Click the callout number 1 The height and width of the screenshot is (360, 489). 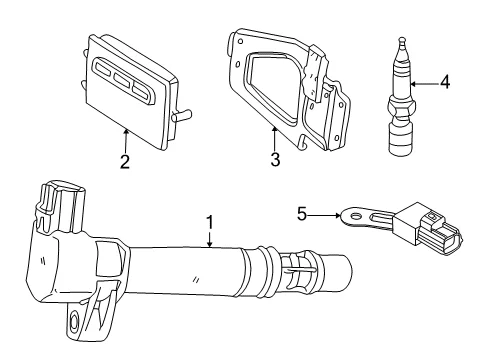pos(210,222)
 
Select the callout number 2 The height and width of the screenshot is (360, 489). pos(125,162)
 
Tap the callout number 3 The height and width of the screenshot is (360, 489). pos(275,159)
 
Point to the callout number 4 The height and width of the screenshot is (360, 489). pos(445,82)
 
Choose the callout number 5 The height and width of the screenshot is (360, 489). pos(302,214)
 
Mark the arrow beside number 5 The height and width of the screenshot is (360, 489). pos(324,216)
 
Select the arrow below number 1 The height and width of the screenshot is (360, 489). pos(210,240)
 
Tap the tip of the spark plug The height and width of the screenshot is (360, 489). pos(403,40)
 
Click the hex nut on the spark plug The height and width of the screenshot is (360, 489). pos(401,108)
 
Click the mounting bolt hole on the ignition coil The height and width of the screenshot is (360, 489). pos(73,322)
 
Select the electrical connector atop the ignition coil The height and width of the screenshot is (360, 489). pos(60,206)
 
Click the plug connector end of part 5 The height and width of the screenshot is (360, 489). pos(440,233)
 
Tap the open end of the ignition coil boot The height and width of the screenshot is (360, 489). pos(347,273)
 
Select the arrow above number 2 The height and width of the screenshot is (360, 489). pos(126,141)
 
